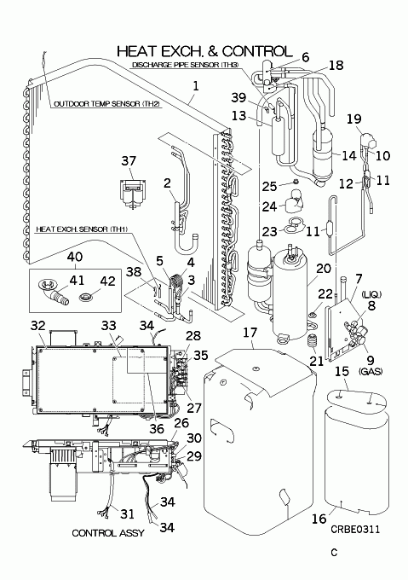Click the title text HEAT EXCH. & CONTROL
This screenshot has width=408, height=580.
tap(204, 51)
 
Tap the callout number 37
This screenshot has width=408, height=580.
tap(129, 161)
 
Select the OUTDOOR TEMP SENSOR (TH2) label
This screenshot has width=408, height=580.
tap(106, 104)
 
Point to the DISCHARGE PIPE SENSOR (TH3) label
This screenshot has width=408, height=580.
tap(186, 65)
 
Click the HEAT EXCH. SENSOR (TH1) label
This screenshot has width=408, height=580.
tap(82, 229)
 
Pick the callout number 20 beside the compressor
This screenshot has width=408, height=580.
tap(324, 268)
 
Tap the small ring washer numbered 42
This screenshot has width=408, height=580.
tap(85, 296)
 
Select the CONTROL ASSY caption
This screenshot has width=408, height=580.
tap(108, 532)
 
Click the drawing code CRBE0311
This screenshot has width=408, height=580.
tap(355, 530)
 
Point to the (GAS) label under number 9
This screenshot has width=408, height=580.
tap(371, 371)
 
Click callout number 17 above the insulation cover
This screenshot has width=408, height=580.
tap(250, 332)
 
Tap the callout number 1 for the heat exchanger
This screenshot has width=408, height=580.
tap(196, 86)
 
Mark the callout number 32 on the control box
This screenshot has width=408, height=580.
tap(37, 326)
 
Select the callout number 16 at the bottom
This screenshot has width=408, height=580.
tap(319, 519)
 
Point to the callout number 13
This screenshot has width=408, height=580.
tap(238, 115)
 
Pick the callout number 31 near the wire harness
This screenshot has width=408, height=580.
tap(127, 513)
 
